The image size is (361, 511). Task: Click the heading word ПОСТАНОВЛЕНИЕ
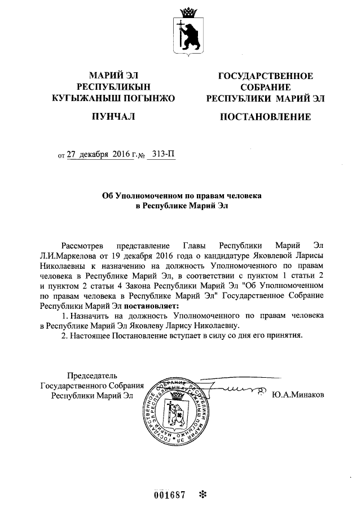click(x=265, y=117)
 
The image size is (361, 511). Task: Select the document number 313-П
click(x=161, y=154)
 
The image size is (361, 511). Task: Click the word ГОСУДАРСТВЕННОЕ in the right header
click(x=265, y=77)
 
